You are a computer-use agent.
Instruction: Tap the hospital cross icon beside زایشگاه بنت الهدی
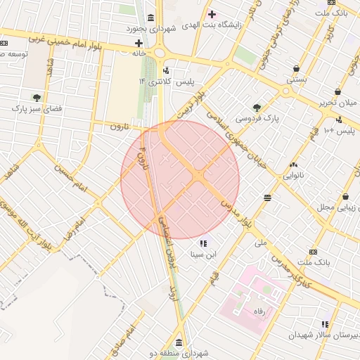point(212,14)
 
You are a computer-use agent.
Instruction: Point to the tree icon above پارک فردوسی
point(257,108)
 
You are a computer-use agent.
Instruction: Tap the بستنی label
point(296,80)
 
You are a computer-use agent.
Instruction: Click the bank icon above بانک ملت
point(313,252)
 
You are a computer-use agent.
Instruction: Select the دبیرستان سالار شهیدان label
point(325,335)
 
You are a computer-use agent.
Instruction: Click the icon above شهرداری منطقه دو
point(179,343)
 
